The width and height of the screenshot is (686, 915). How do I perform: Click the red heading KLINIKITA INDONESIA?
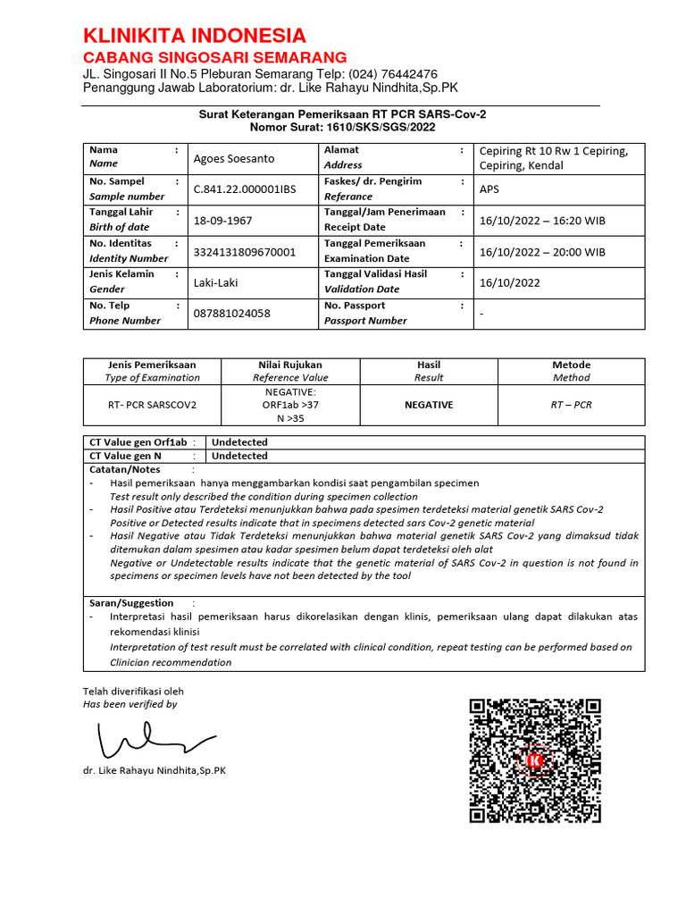(194, 36)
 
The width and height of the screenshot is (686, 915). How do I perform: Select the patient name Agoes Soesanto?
(234, 158)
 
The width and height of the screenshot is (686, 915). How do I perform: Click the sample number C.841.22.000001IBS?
(245, 189)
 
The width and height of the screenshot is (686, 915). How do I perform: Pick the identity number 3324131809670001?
(244, 252)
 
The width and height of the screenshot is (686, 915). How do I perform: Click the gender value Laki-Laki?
(216, 282)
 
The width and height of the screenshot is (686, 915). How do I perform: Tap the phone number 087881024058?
(232, 314)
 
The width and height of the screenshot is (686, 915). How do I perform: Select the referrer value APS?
(490, 189)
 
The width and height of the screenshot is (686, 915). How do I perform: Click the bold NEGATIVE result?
(429, 405)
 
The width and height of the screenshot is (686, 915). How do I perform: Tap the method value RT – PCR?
(570, 405)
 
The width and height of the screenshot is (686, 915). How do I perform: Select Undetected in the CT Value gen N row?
(239, 456)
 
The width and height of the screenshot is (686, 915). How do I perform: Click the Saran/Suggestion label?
(131, 603)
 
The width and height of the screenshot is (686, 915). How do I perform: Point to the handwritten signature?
(152, 740)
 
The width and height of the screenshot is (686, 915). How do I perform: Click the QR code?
(535, 760)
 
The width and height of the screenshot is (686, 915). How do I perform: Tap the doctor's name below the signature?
(155, 770)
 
